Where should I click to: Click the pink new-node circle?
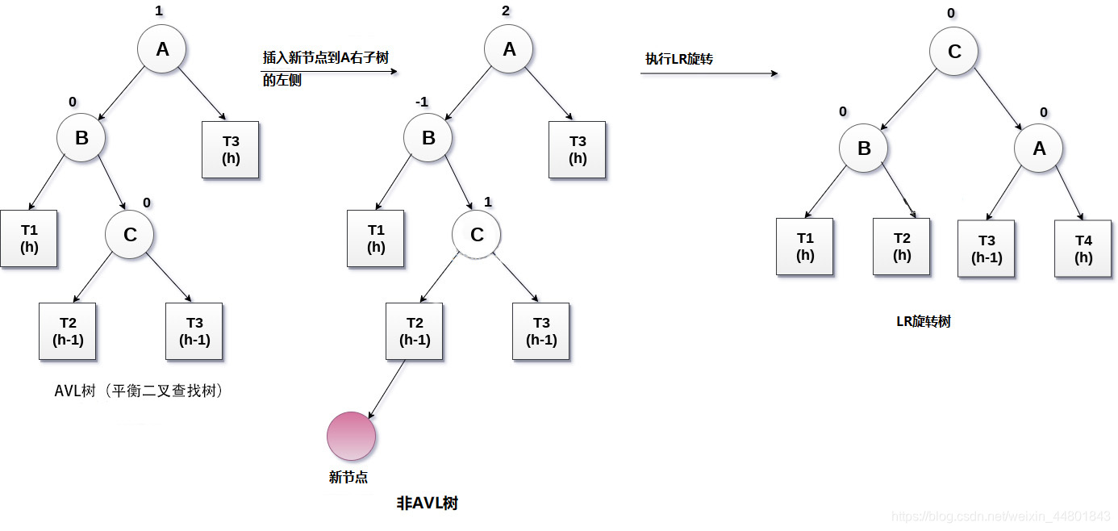click(x=351, y=436)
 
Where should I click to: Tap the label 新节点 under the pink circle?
click(x=348, y=477)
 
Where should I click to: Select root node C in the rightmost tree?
click(x=953, y=52)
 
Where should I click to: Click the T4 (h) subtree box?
click(x=1083, y=249)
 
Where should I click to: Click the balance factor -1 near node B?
click(x=421, y=102)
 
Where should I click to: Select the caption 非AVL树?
click(x=428, y=504)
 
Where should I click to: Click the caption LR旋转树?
click(x=924, y=321)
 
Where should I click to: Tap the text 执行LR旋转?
click(x=678, y=59)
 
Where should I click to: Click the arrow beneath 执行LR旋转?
click(x=709, y=73)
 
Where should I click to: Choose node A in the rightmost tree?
click(x=1038, y=148)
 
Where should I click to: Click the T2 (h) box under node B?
click(x=901, y=246)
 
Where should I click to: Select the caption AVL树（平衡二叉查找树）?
click(x=138, y=391)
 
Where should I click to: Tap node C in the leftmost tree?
click(x=129, y=235)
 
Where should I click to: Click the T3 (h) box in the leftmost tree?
click(x=230, y=149)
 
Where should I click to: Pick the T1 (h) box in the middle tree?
click(x=375, y=238)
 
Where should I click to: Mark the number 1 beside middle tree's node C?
click(x=487, y=201)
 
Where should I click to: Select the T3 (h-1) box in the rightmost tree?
click(x=986, y=249)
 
